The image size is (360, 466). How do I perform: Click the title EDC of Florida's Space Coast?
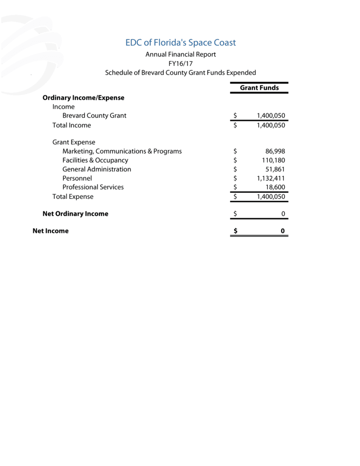(x=180, y=43)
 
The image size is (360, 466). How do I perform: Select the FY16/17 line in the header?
(x=180, y=64)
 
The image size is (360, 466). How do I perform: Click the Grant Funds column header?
(x=259, y=88)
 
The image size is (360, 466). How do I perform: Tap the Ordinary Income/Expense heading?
(x=83, y=98)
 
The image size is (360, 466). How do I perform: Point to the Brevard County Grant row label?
(x=94, y=116)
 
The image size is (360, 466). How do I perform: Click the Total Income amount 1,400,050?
(x=271, y=125)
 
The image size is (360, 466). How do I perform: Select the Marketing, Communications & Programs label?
(x=122, y=151)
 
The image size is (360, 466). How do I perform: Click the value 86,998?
(x=275, y=151)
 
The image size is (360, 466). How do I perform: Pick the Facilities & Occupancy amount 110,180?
(x=273, y=160)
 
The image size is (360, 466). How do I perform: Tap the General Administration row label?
(x=96, y=169)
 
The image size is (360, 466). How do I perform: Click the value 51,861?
(x=275, y=169)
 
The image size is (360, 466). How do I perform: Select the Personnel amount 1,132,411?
(x=271, y=178)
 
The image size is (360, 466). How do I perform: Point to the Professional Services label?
(x=93, y=187)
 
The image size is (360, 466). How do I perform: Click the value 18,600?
(x=275, y=187)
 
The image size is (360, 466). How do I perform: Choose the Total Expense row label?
(x=73, y=197)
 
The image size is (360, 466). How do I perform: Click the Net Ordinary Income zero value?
(x=283, y=214)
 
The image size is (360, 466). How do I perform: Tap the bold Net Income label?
(x=50, y=231)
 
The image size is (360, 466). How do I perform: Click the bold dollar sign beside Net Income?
(x=235, y=231)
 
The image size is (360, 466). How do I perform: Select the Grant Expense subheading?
(x=74, y=142)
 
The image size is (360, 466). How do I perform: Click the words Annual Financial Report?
(x=180, y=54)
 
